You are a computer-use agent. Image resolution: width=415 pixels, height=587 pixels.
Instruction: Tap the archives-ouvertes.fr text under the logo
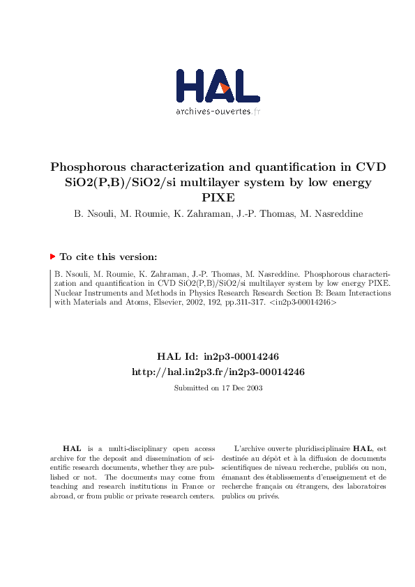(x=218, y=112)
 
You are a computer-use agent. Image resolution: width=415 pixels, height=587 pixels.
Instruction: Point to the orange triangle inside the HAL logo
(x=225, y=88)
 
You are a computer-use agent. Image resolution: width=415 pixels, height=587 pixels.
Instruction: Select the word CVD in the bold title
(x=371, y=167)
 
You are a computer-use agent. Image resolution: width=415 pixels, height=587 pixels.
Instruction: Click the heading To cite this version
(x=108, y=257)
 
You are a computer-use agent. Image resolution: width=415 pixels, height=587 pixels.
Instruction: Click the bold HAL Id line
(x=218, y=356)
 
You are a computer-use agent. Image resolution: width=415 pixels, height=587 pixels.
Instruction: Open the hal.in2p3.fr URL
(x=218, y=372)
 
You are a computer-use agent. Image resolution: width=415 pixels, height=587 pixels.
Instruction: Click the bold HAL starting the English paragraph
(x=70, y=449)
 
